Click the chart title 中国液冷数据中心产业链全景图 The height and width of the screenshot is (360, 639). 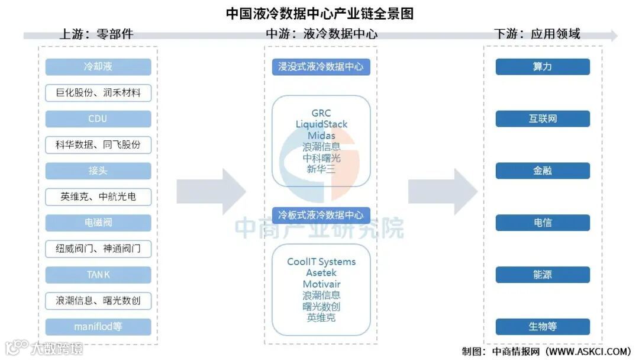pyautogui.click(x=319, y=13)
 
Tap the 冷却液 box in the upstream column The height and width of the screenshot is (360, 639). pyautogui.click(x=98, y=67)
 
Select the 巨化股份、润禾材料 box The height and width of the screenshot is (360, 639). pyautogui.click(x=98, y=93)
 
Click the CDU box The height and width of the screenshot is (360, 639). pyautogui.click(x=98, y=119)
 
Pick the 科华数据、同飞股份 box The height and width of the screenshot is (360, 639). pyautogui.click(x=98, y=144)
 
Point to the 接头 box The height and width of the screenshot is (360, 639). pyautogui.click(x=98, y=171)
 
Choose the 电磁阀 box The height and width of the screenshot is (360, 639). pyautogui.click(x=98, y=223)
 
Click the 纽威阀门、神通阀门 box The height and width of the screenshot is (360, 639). pyautogui.click(x=98, y=249)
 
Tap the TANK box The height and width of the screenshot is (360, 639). pyautogui.click(x=98, y=275)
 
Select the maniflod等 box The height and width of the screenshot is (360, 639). pyautogui.click(x=98, y=327)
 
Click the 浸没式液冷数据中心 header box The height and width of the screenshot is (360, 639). pyautogui.click(x=321, y=67)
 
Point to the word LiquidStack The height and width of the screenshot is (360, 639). pyautogui.click(x=321, y=124)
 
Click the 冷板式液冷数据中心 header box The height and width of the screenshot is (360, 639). pyautogui.click(x=321, y=214)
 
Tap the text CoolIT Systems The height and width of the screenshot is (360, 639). pyautogui.click(x=321, y=262)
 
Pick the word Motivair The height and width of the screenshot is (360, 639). pyautogui.click(x=321, y=284)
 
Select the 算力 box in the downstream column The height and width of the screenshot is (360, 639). pyautogui.click(x=543, y=67)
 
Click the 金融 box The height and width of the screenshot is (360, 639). pyautogui.click(x=543, y=171)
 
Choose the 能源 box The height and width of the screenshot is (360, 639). pyautogui.click(x=543, y=275)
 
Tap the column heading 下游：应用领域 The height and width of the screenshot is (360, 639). pyautogui.click(x=537, y=34)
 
